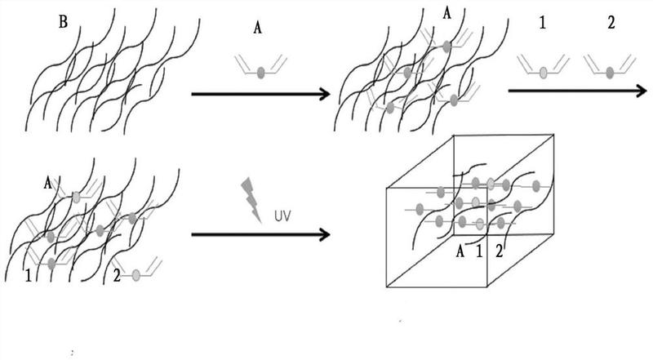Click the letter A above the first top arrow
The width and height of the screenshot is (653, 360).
point(258,28)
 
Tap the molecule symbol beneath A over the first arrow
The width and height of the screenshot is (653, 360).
point(260,69)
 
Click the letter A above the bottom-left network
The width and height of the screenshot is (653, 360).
point(50,184)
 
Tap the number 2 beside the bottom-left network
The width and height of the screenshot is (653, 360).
point(116,276)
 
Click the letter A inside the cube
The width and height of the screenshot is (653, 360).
point(460,251)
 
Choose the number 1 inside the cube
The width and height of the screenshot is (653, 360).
point(480,251)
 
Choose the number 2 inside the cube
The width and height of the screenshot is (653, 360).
point(499,251)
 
